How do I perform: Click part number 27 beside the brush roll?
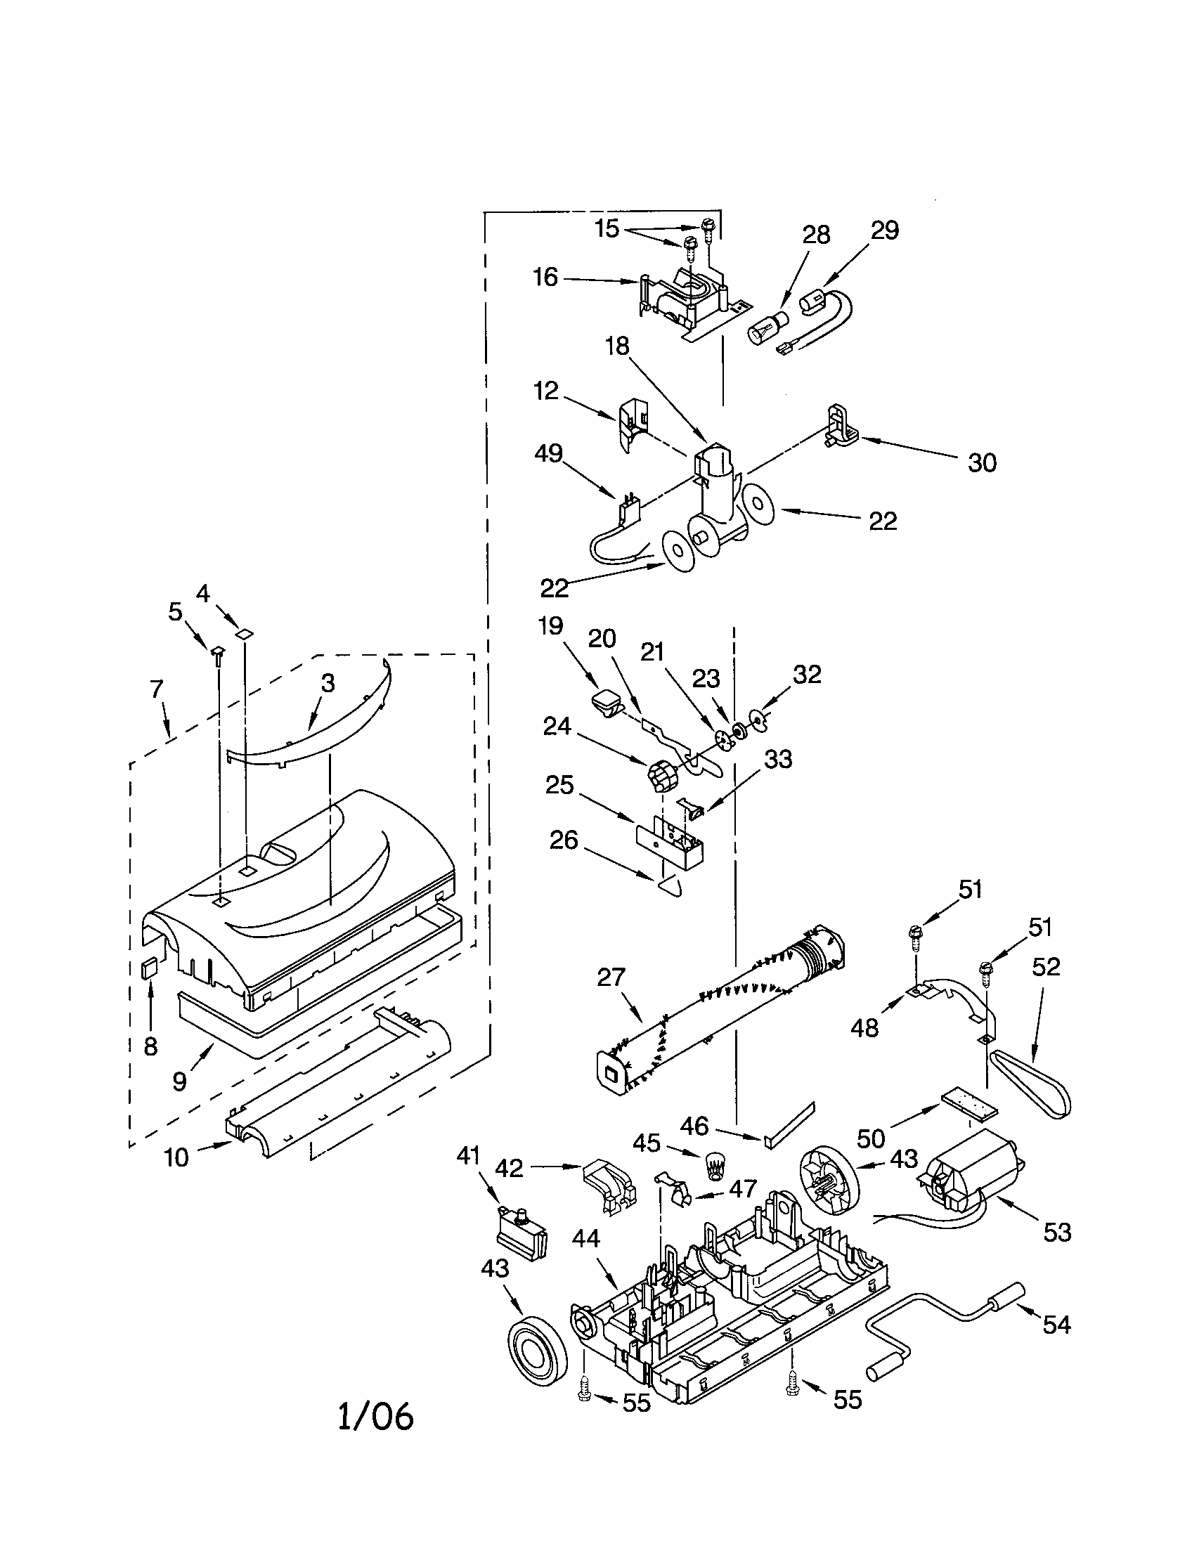611,977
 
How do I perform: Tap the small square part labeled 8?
150,968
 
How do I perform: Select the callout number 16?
545,277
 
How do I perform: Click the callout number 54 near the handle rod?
1057,1325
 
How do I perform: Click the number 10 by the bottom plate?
176,1157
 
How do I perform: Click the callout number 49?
549,453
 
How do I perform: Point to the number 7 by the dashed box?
157,687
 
